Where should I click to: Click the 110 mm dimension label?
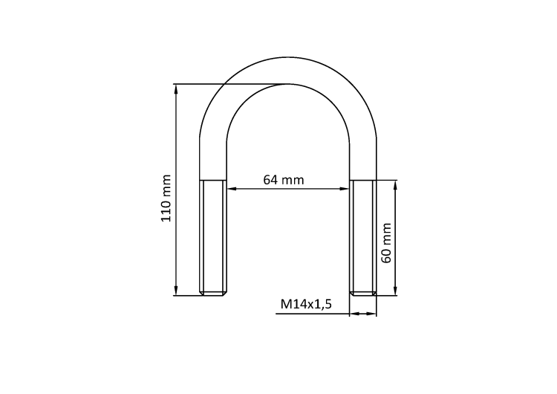(166, 198)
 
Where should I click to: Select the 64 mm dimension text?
(284, 180)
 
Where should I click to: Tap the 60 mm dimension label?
(385, 243)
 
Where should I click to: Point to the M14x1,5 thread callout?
(306, 304)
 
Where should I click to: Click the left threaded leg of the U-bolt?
(213, 237)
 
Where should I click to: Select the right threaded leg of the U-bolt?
(363, 237)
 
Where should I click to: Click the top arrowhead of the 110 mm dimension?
(176, 88)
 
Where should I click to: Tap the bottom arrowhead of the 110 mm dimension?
(176, 291)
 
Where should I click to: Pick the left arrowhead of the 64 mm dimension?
(231, 189)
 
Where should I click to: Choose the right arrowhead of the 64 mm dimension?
(345, 189)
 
